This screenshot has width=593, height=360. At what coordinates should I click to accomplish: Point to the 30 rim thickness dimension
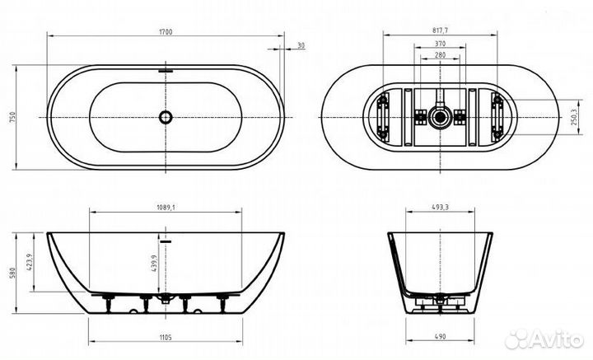(x=301, y=45)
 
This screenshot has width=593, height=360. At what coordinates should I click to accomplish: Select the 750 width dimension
(x=12, y=117)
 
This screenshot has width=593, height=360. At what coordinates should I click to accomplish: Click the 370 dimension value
(x=441, y=43)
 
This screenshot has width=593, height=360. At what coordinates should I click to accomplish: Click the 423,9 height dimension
(x=28, y=262)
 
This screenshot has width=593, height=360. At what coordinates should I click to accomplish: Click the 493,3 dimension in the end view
(x=441, y=207)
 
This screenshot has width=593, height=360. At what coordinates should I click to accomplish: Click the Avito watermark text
(x=551, y=337)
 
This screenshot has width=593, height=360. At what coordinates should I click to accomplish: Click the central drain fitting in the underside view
(x=441, y=117)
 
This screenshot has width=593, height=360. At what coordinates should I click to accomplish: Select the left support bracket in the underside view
(x=382, y=117)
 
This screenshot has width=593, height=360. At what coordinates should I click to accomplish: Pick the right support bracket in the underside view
(x=499, y=117)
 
